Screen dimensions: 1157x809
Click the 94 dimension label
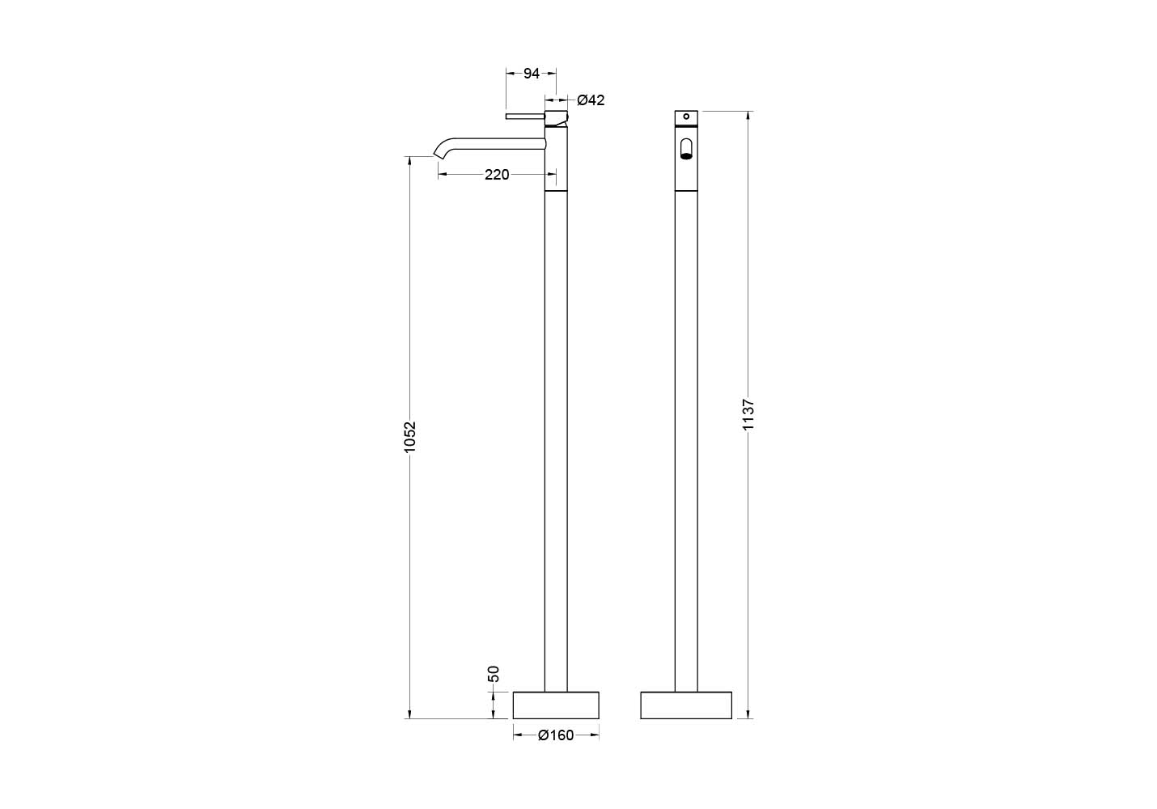click(532, 74)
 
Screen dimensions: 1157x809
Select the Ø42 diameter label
click(591, 100)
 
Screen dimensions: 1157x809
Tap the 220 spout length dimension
click(497, 175)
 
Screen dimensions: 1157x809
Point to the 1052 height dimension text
click(409, 437)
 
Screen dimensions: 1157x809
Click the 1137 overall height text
click(748, 414)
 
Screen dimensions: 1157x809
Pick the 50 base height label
click(494, 674)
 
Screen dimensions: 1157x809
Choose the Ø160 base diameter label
click(556, 735)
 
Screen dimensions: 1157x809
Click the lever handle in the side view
click(525, 116)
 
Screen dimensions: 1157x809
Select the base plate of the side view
click(556, 705)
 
